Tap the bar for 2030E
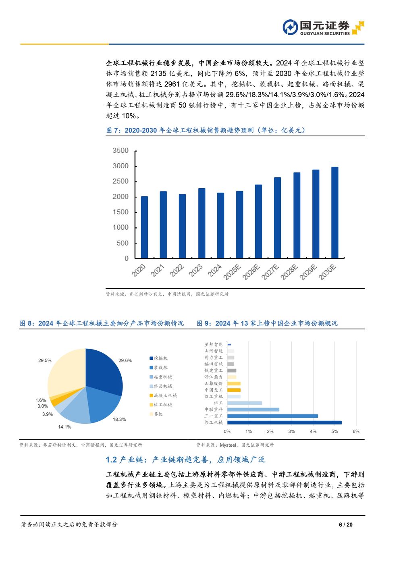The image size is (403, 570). point(334,212)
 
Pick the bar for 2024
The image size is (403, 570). point(220,225)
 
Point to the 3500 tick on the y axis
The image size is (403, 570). point(120,151)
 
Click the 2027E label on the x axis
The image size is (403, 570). point(270,272)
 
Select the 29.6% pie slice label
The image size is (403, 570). point(125,360)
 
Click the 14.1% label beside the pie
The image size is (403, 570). point(64,427)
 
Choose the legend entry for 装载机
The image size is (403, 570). point(160,368)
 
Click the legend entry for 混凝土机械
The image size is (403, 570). point(165,395)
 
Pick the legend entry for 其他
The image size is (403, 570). point(158,414)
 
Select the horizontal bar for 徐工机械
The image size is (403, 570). point(285,422)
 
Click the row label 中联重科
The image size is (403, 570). point(214,410)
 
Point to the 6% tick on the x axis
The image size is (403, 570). point(356,431)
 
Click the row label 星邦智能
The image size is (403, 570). point(214,345)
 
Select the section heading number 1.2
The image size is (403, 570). point(111,460)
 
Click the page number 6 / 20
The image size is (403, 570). point(346,524)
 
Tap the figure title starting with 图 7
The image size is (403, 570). point(206,130)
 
